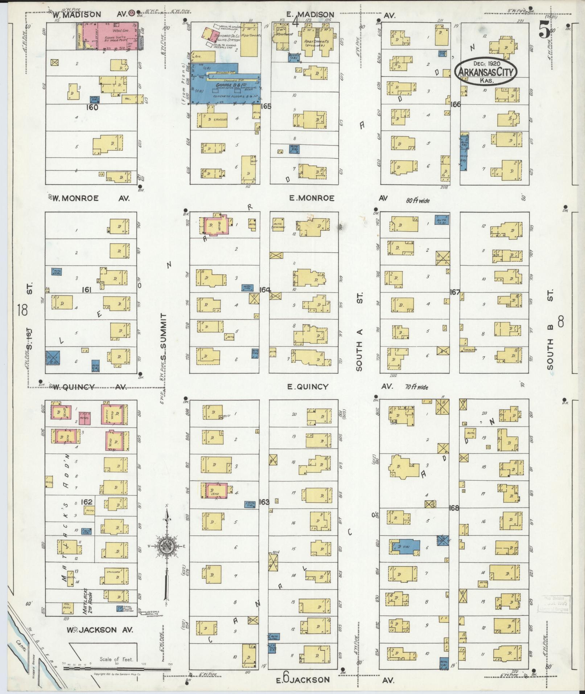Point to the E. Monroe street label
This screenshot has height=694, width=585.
(x=312, y=198)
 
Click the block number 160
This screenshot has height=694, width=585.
(x=92, y=107)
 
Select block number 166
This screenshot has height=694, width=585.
(x=456, y=104)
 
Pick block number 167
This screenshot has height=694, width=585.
(x=455, y=292)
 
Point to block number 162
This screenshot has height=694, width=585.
(x=87, y=502)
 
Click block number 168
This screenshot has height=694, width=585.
(x=454, y=508)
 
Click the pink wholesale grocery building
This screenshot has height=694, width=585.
(x=111, y=36)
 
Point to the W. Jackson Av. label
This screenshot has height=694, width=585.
(x=96, y=630)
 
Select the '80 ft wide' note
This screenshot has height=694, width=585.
(x=417, y=200)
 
